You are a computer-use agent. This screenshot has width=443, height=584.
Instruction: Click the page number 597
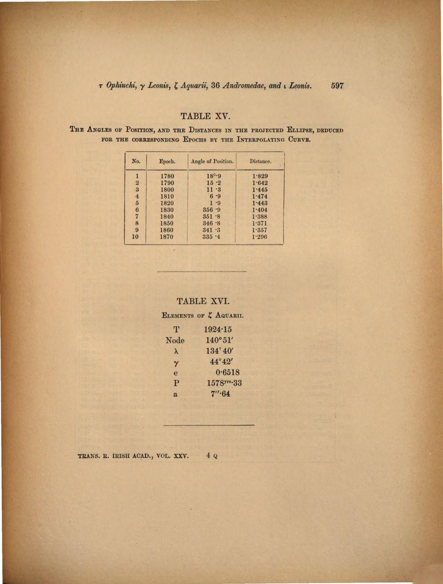tap(337, 86)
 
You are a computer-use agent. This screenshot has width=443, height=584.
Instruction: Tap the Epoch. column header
tap(167, 161)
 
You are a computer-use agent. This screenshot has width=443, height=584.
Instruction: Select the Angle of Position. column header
tap(212, 161)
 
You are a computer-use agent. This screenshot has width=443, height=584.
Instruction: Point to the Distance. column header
tap(260, 161)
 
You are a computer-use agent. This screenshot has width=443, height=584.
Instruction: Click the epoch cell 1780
tap(167, 176)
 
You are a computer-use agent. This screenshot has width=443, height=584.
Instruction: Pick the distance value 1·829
tap(260, 176)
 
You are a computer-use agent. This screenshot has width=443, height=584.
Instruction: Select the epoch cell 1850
tap(167, 223)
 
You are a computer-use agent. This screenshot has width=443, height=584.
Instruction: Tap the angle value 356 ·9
tap(212, 210)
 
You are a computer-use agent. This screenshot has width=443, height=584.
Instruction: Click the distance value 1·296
tap(260, 237)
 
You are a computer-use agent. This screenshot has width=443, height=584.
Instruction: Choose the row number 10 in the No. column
tap(135, 237)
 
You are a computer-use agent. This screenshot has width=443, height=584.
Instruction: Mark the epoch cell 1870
tap(167, 237)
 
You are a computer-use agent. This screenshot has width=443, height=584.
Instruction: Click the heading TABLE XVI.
tap(203, 301)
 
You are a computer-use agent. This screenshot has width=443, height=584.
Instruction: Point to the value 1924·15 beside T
tap(218, 329)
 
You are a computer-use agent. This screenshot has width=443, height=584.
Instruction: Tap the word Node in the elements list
tap(175, 340)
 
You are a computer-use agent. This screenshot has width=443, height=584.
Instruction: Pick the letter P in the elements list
tap(176, 383)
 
